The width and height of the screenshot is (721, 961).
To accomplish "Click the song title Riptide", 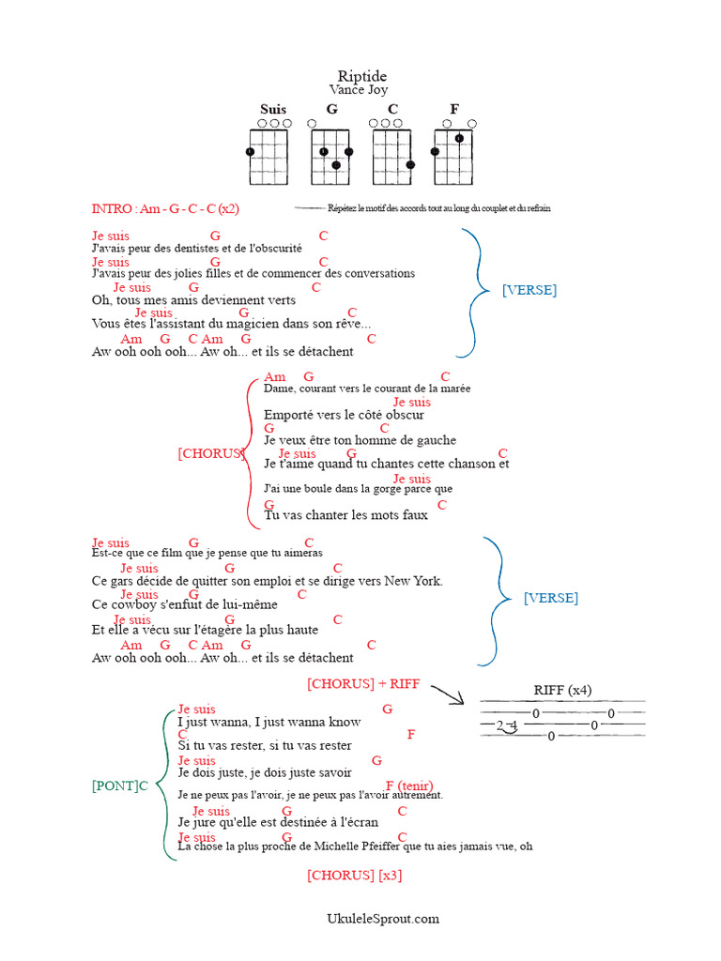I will (361, 76).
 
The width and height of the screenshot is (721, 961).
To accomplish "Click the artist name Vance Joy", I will (358, 90).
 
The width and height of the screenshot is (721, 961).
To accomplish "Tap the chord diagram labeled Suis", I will (268, 151).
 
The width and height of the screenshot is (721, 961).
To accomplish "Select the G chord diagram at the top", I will (331, 151).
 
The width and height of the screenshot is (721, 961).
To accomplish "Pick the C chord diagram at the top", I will (393, 151).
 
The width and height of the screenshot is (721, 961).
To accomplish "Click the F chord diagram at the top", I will (454, 151).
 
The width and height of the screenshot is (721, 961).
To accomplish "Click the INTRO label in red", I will (112, 208).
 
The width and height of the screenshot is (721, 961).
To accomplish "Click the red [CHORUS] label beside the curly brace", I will (210, 453).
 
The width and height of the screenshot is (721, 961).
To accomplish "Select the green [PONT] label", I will (115, 786).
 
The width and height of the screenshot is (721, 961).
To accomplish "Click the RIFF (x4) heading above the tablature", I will (562, 691).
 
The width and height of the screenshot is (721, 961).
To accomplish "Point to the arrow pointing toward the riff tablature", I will (448, 694).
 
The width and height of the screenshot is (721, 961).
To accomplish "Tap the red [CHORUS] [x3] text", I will (354, 876).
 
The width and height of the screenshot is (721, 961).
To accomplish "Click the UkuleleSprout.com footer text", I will (382, 919).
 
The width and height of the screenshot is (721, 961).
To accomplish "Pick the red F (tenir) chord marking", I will (408, 786).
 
